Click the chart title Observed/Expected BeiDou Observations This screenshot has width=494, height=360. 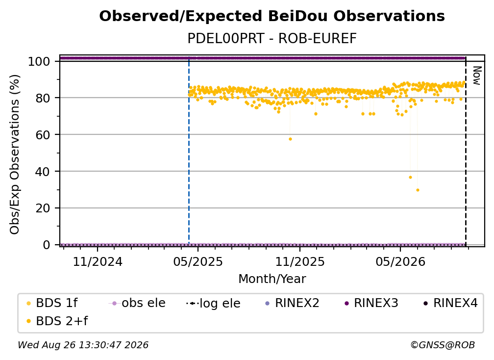click(x=272, y=16)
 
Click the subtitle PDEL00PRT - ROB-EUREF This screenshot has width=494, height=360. click(x=272, y=38)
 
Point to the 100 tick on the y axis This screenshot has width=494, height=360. click(x=39, y=61)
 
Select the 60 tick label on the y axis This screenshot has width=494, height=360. click(x=43, y=134)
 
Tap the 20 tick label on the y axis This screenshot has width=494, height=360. click(x=43, y=208)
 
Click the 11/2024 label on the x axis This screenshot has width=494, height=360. click(x=98, y=261)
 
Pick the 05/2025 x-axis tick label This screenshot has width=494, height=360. click(x=198, y=261)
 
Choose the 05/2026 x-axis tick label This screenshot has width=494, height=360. click(x=400, y=261)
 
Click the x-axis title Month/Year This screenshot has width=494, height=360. click(x=272, y=279)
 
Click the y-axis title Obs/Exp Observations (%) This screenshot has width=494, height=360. click(x=15, y=154)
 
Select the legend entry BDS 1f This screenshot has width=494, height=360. click(x=52, y=303)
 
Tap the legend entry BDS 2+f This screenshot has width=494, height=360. click(x=57, y=321)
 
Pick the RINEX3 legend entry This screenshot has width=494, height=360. click(x=372, y=303)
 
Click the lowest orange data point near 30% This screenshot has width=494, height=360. click(x=418, y=190)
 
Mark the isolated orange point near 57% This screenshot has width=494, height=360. click(x=291, y=139)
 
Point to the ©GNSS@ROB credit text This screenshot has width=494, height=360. click(x=443, y=345)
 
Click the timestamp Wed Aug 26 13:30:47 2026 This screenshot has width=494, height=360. click(x=83, y=345)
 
